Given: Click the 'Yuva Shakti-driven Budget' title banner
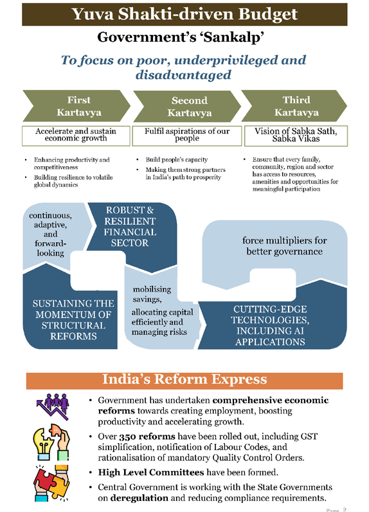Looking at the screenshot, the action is [x=184, y=14].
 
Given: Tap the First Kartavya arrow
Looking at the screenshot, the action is [x=76, y=106].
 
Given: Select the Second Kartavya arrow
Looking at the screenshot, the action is [x=188, y=106].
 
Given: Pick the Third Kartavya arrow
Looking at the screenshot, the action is [x=294, y=106].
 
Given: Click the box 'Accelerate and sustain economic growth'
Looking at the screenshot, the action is [x=76, y=136].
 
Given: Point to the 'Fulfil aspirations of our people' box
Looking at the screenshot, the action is [x=187, y=136].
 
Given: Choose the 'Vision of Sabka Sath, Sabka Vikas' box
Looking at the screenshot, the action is [x=296, y=136].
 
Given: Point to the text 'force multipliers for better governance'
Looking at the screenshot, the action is [x=285, y=246].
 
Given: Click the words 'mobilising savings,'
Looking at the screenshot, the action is [x=152, y=294].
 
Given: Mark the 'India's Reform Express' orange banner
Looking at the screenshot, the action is [x=184, y=381].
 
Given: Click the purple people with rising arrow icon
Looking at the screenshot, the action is [x=53, y=406].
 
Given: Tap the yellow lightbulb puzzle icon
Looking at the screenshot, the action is [x=51, y=442].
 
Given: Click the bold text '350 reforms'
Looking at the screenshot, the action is [x=147, y=437].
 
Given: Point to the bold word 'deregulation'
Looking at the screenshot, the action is [x=139, y=498].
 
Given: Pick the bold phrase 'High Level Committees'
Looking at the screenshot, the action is [x=151, y=472].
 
